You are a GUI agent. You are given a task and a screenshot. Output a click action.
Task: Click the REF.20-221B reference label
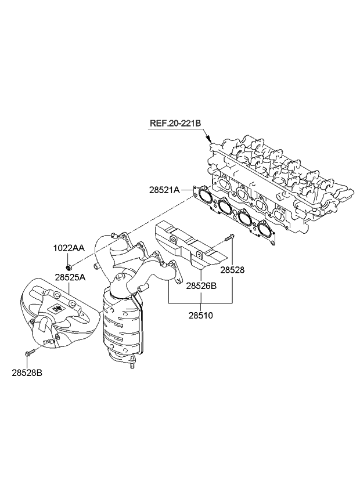point(175,124)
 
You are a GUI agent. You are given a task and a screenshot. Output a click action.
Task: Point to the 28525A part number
point(71,277)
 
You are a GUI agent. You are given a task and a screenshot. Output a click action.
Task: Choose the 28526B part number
point(201,285)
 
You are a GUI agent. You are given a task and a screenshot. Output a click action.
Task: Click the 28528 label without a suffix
point(233,270)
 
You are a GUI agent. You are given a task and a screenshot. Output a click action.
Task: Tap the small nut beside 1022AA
point(69,267)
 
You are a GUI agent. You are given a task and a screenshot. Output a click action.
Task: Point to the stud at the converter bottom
point(133,366)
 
